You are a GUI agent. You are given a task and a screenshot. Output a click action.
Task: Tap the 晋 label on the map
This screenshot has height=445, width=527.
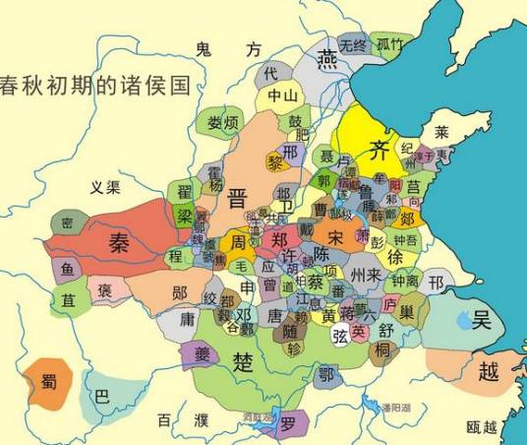[x=237, y=198]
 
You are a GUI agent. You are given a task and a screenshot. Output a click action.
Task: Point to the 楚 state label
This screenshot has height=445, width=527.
[x=243, y=361]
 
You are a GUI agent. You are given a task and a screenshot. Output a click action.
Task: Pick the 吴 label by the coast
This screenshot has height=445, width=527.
[x=482, y=319]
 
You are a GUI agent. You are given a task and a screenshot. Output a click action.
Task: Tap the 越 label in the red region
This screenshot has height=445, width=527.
[x=488, y=371]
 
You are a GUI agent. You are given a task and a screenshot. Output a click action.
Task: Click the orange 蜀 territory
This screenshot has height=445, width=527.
[x=48, y=382]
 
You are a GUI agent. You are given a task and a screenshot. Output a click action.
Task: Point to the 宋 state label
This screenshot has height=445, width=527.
[x=335, y=237]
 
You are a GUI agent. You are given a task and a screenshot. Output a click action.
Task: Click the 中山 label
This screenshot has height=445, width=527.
[x=283, y=96]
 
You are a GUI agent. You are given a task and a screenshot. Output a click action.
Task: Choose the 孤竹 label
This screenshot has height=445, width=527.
[x=389, y=43]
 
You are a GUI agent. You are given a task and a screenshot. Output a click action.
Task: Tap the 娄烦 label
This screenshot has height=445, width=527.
[x=223, y=124]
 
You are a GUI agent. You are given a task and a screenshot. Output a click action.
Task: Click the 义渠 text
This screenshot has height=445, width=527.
[x=103, y=186]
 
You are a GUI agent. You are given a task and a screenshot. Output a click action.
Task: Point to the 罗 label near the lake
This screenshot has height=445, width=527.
[x=287, y=424]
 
